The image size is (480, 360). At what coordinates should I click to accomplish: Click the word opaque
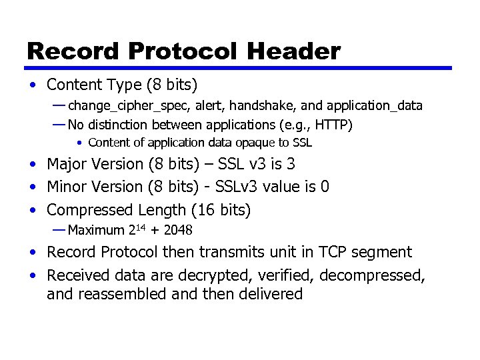pyautogui.click(x=249, y=143)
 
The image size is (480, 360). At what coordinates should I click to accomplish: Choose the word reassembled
pyautogui.click(x=123, y=294)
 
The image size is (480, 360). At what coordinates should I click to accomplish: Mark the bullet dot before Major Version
pyautogui.click(x=32, y=165)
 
